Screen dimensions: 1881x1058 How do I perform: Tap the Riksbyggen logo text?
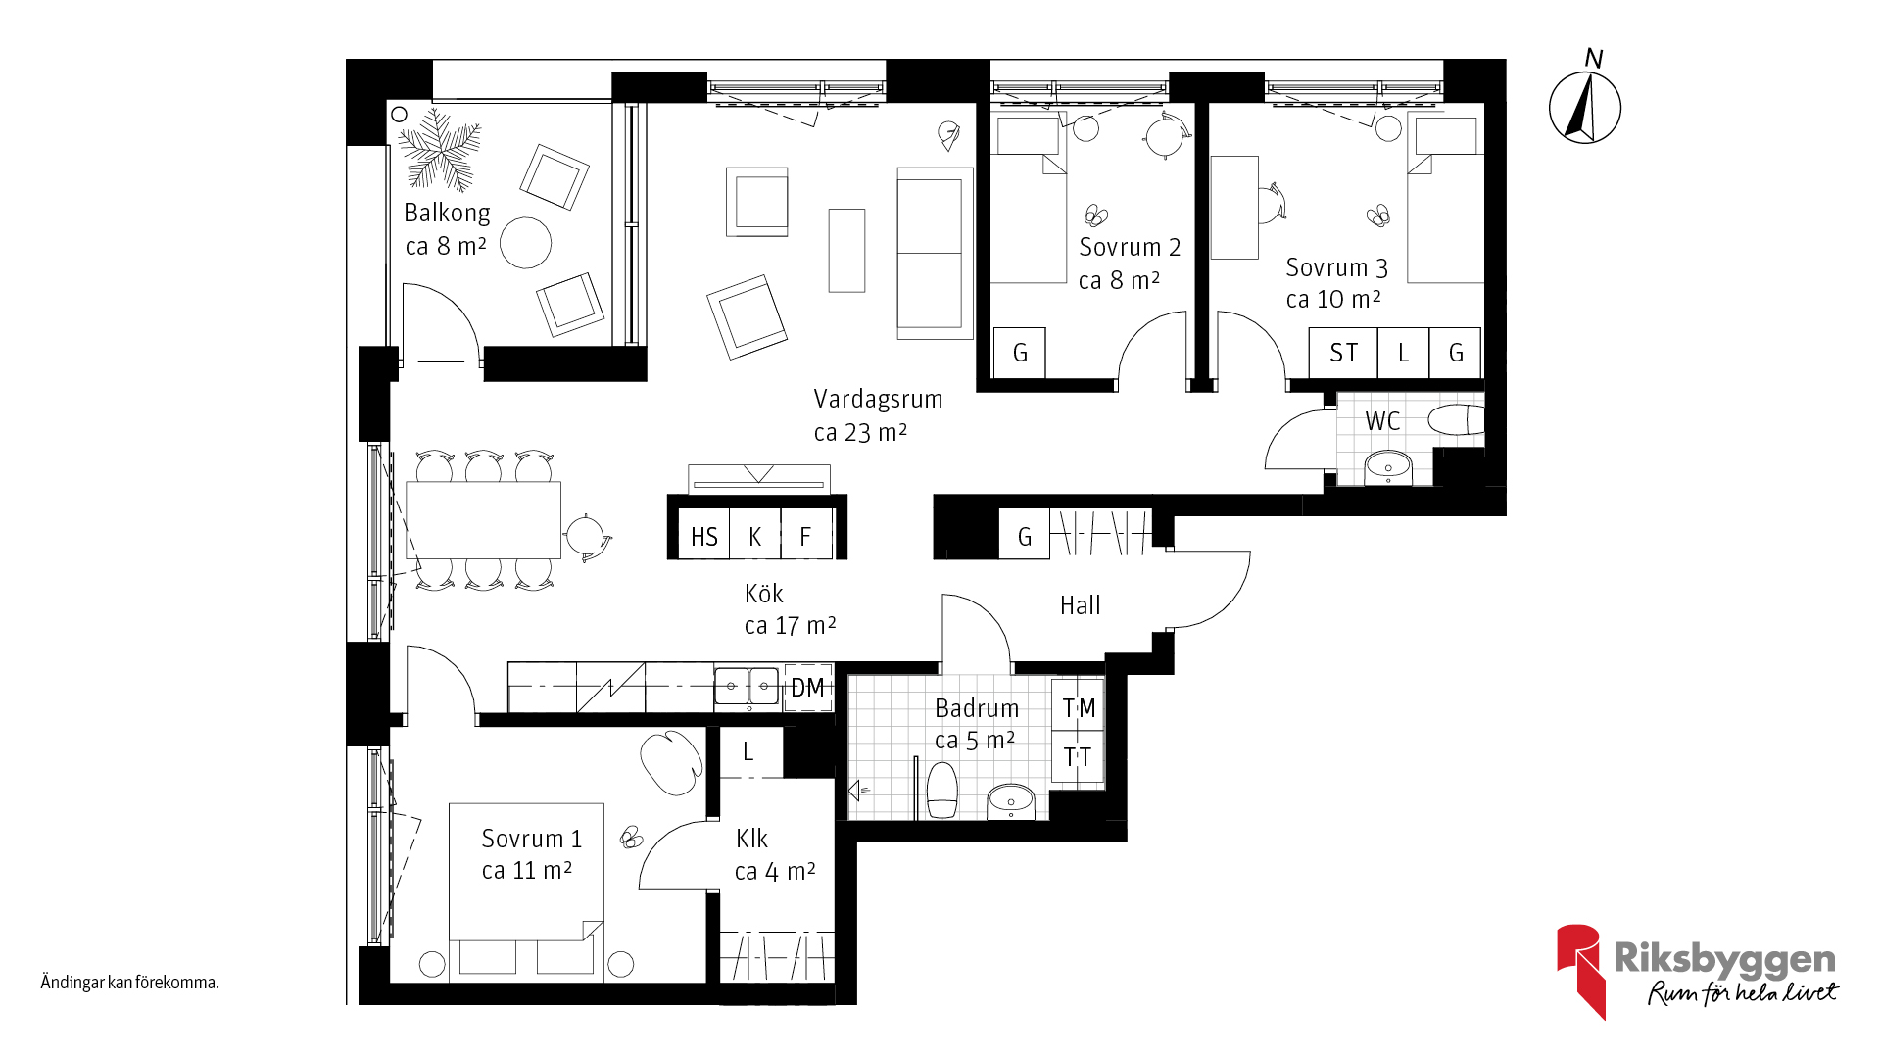(1724, 958)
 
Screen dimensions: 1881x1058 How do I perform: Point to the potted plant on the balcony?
(440, 150)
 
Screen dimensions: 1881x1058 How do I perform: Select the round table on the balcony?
(525, 242)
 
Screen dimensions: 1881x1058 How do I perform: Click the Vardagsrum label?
(878, 399)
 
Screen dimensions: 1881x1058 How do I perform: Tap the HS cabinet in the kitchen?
(704, 535)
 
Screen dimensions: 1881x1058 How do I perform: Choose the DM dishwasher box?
(808, 688)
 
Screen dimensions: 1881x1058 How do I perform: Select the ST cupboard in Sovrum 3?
(1343, 353)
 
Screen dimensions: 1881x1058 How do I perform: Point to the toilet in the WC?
(1456, 420)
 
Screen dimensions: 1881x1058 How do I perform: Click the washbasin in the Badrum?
(1010, 801)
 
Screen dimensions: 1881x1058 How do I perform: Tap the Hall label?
(1080, 605)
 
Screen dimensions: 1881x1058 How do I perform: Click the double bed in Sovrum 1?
(526, 872)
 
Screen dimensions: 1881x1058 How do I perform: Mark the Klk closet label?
(751, 839)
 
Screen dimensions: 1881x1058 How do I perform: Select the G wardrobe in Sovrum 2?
(1020, 353)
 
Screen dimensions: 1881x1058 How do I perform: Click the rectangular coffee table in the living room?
(846, 250)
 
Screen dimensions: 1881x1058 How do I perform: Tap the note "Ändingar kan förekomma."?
(129, 983)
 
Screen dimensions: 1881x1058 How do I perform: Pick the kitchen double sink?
(747, 686)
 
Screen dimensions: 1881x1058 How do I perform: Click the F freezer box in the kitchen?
(806, 535)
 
